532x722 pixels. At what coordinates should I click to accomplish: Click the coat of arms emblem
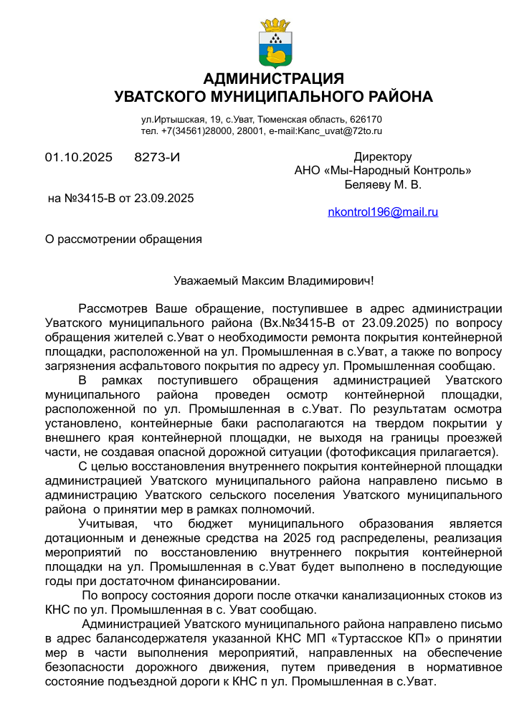(273, 43)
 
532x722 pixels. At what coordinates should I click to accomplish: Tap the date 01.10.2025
(79, 157)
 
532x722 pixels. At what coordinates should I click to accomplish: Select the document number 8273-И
(157, 157)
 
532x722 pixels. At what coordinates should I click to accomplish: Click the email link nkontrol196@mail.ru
(383, 212)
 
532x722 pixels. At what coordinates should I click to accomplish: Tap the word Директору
(383, 157)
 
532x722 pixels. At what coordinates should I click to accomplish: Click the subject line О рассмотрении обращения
(123, 239)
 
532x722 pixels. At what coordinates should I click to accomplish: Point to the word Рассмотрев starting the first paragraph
(114, 309)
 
